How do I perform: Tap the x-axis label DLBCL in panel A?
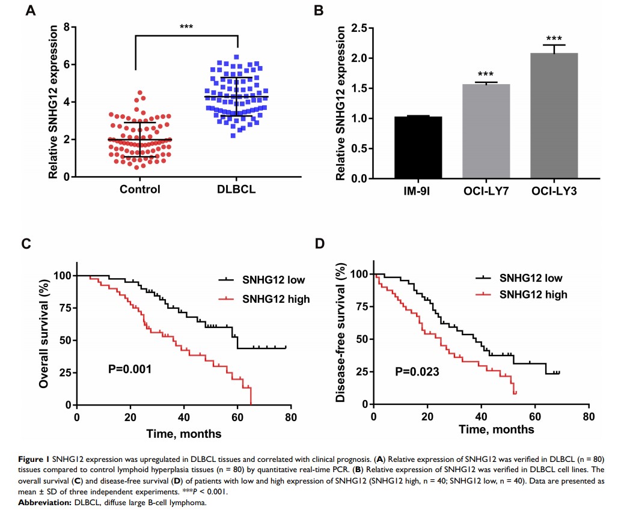(x=236, y=190)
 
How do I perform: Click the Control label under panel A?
(x=139, y=190)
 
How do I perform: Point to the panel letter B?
(x=336, y=10)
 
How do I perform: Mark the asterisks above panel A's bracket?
(x=186, y=27)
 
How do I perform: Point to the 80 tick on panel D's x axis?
(x=589, y=416)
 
